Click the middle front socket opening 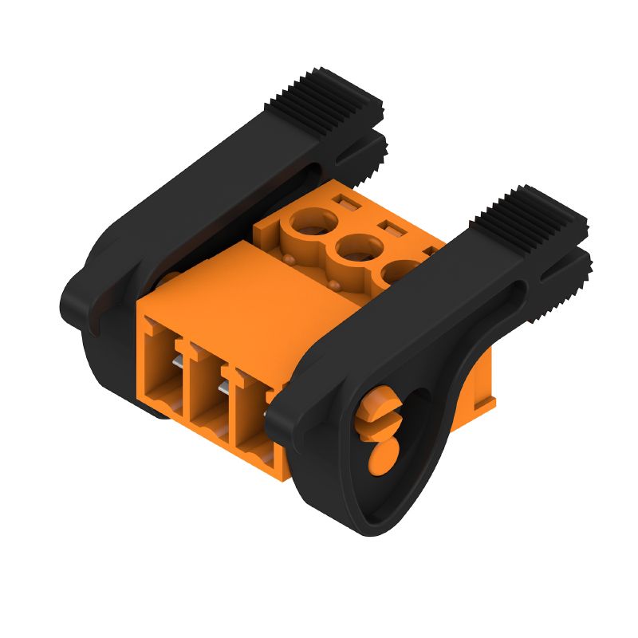(x=208, y=391)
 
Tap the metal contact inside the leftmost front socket (x=177, y=362)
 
